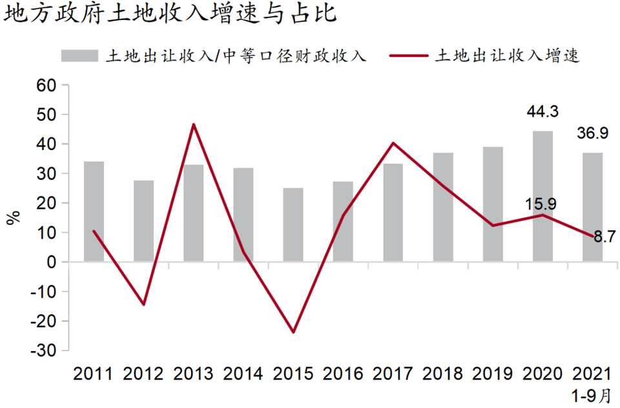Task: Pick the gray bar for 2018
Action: point(443,207)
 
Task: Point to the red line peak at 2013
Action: point(194,124)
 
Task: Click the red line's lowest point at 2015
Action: point(293,332)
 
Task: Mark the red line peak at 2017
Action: point(393,143)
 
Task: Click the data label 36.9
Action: point(592,134)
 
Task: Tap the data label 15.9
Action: point(541,204)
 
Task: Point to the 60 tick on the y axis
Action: point(48,85)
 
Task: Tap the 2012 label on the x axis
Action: point(143,374)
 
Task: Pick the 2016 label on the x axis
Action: point(343,374)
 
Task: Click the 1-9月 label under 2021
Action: point(592,394)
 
